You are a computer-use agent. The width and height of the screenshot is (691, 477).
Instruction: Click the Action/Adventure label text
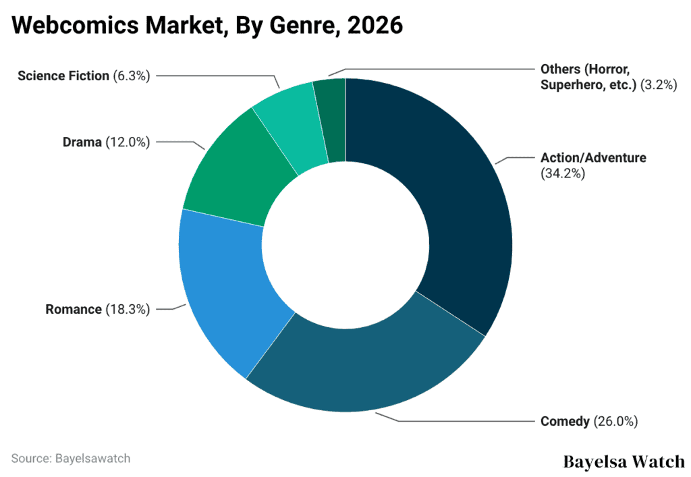[593, 158]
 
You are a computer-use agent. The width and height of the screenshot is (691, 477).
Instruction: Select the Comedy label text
[565, 422]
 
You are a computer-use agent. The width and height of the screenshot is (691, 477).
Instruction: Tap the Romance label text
[74, 310]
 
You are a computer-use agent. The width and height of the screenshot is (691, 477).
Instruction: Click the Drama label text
[82, 142]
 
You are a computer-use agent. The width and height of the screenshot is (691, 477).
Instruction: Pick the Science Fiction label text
[63, 76]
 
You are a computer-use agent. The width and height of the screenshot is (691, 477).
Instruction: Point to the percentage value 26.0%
[615, 422]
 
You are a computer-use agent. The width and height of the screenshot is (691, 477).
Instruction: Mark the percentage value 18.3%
[128, 310]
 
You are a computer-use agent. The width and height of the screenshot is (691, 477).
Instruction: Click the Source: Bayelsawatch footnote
[71, 458]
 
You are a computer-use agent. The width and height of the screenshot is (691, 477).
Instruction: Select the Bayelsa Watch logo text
[623, 462]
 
